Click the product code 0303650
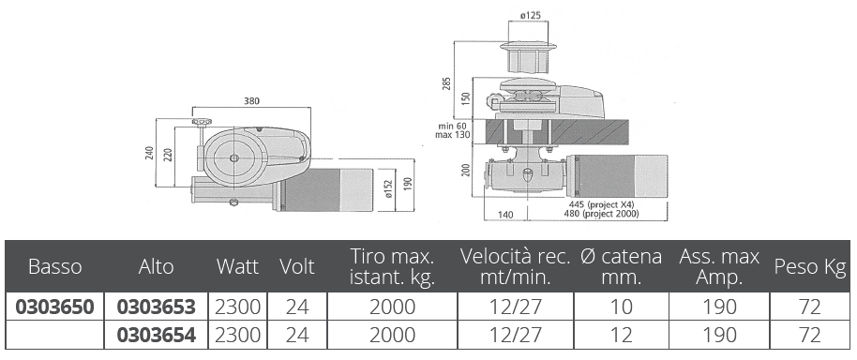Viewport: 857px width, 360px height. click(54, 307)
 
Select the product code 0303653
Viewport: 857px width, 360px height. click(157, 307)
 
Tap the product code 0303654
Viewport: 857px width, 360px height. click(157, 335)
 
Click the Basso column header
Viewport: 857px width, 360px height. click(54, 266)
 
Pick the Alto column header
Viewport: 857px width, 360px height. click(156, 266)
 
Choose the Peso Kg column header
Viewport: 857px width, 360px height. click(810, 266)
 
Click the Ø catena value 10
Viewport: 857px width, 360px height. click(621, 307)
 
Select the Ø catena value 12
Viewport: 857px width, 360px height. click(621, 335)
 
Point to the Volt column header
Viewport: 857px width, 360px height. click(297, 266)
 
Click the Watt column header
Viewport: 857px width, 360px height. click(237, 266)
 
